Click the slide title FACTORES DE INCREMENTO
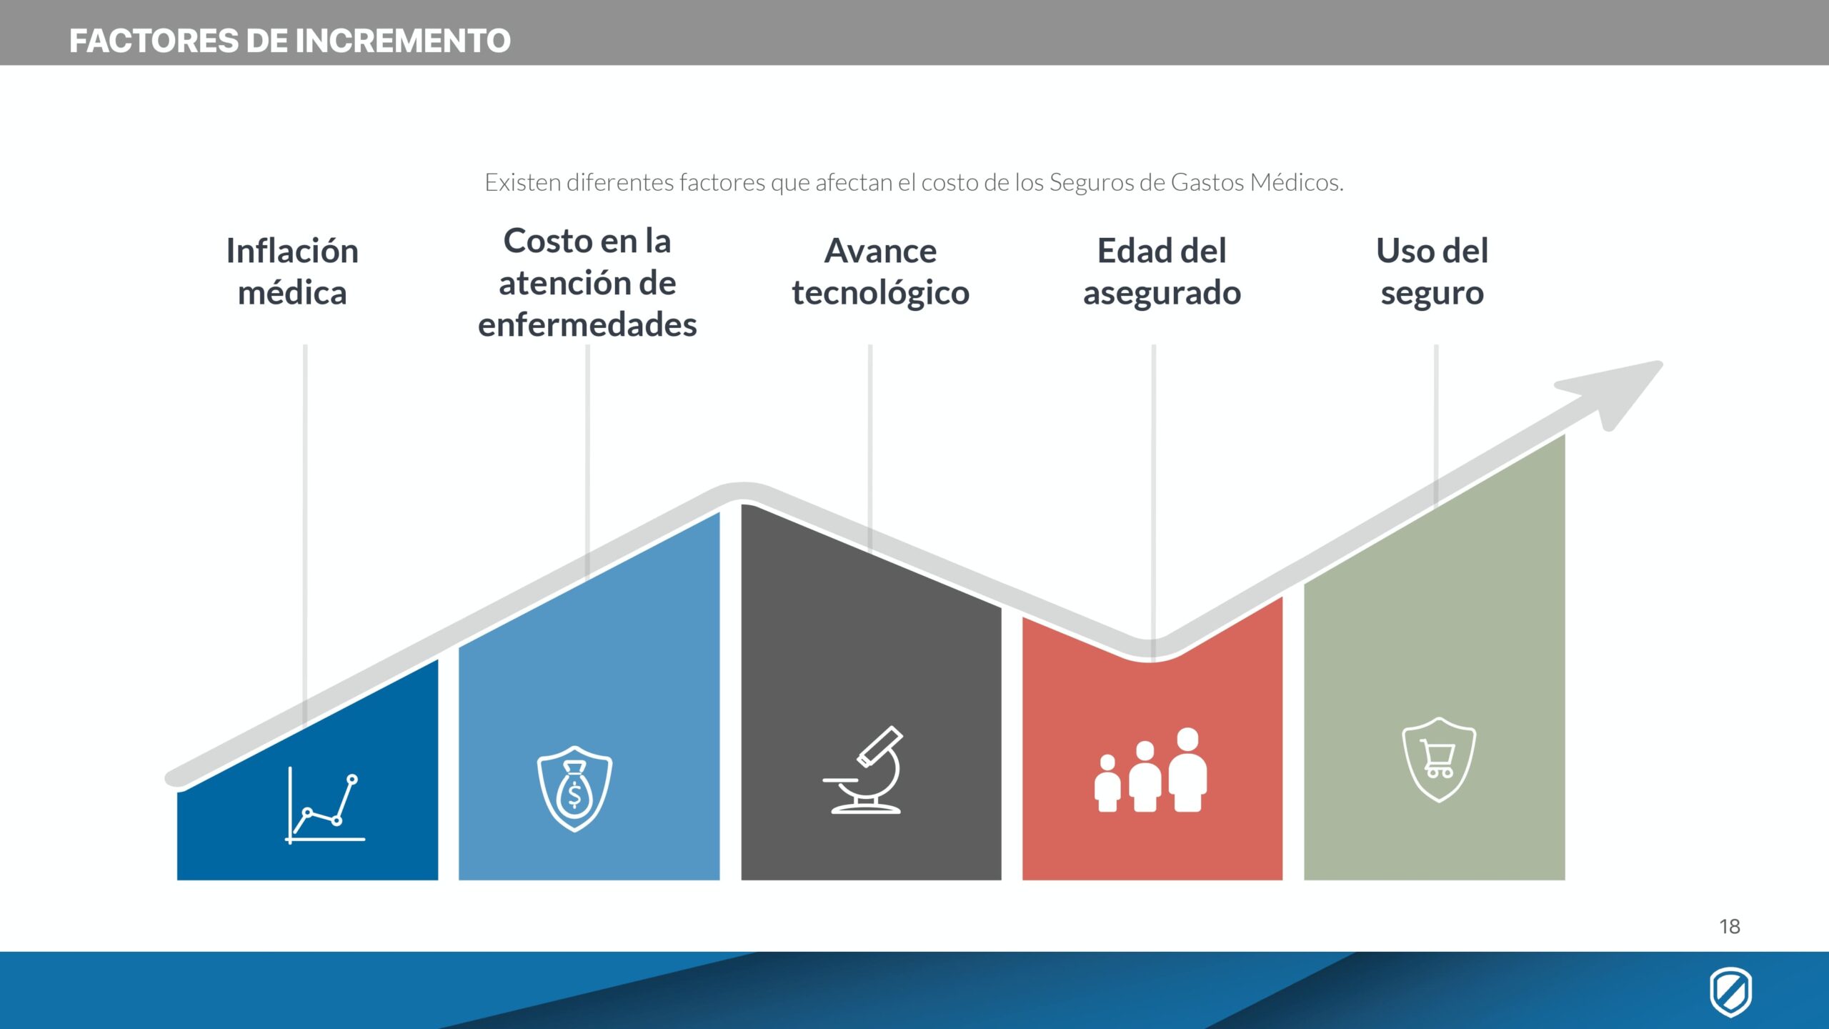[290, 41]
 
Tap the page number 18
[1730, 927]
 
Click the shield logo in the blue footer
[1730, 991]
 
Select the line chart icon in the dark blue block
[325, 805]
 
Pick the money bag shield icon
[574, 789]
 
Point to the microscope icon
[863, 770]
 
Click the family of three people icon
[1151, 770]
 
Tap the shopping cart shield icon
[1439, 760]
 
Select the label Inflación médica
[292, 272]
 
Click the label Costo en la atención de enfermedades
[587, 282]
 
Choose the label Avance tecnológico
[880, 272]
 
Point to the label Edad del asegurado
[1162, 272]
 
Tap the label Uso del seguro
[1432, 272]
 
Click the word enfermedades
[587, 324]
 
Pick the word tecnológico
[880, 293]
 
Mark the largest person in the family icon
[1188, 770]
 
